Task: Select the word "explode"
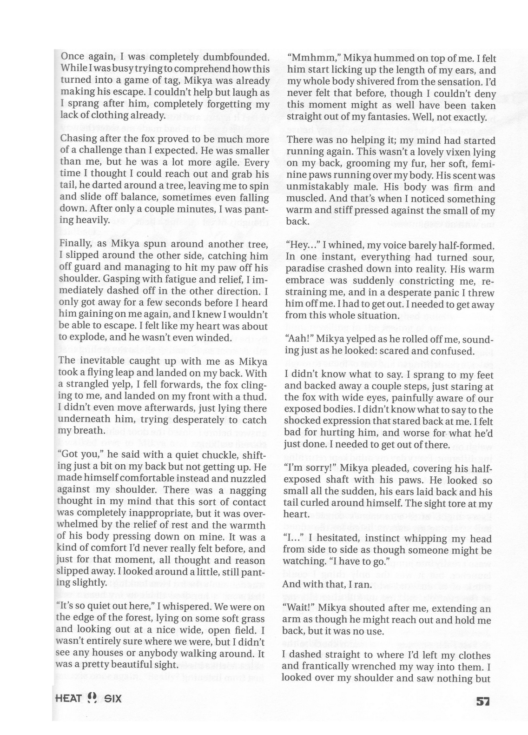[x=84, y=338]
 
